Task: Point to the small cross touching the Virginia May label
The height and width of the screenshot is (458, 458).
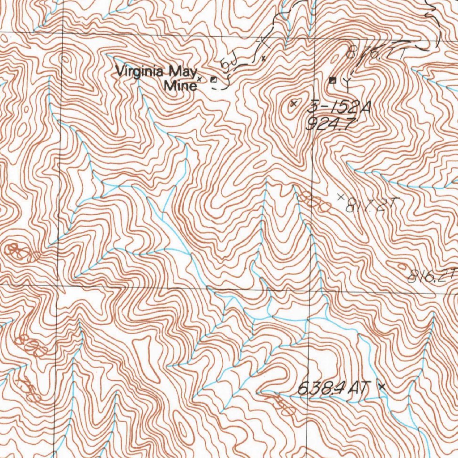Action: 199,79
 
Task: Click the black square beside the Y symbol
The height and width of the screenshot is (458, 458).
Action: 332,81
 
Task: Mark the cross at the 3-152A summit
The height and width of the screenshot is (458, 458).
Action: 293,104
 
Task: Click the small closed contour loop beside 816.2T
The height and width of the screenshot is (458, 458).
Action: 401,267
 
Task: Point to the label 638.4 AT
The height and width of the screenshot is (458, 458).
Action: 331,389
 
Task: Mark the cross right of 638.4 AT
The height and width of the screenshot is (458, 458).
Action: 381,386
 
